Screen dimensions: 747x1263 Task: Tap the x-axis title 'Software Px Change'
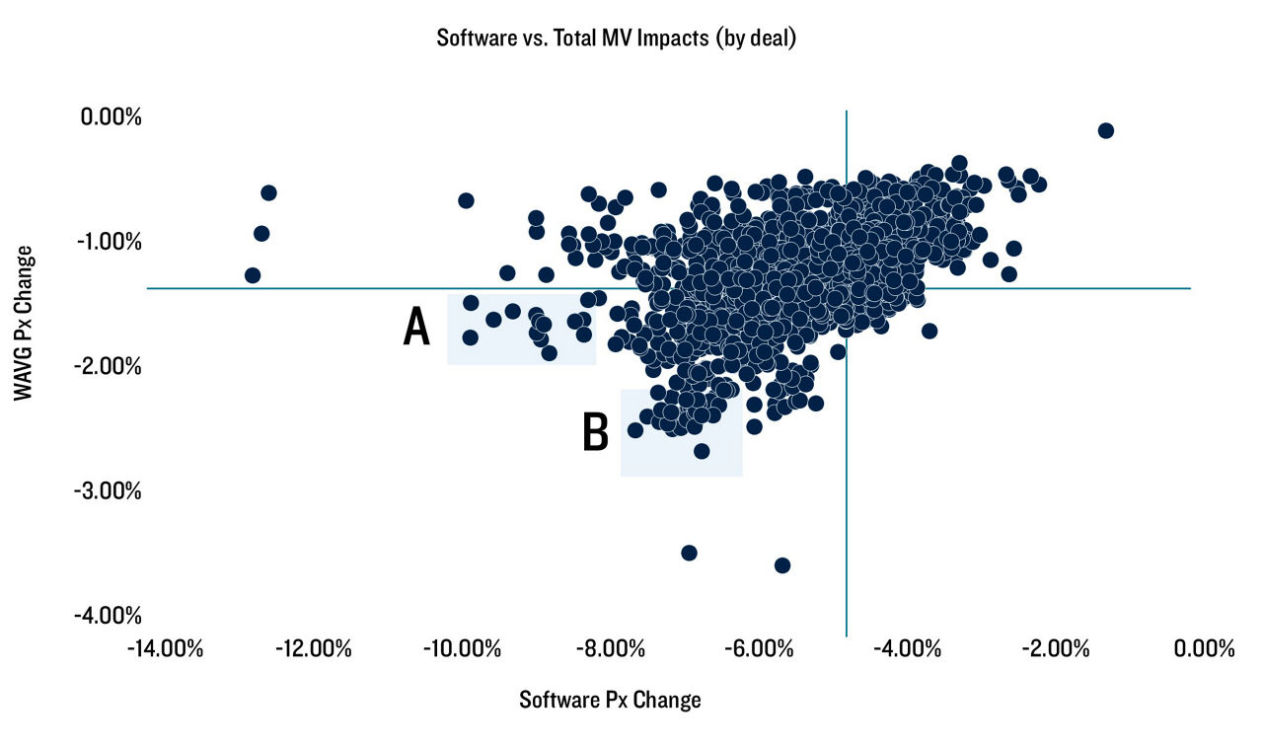tap(610, 700)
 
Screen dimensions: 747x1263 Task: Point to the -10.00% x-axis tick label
tap(460, 648)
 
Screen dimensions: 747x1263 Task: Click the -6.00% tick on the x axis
tap(756, 648)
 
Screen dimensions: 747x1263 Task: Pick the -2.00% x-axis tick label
tap(1053, 648)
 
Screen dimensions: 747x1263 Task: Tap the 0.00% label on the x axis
tap(1200, 648)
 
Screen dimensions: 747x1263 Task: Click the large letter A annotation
tap(417, 328)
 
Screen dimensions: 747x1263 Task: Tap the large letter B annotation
tap(595, 432)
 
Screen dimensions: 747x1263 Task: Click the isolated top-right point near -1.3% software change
tap(1105, 130)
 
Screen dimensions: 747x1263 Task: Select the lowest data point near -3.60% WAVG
tap(781, 565)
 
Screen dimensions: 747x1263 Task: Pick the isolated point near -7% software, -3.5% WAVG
tap(689, 553)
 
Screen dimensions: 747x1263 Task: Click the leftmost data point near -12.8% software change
tap(253, 275)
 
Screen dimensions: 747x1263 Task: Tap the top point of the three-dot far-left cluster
tap(268, 192)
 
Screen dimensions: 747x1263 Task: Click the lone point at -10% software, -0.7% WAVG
tap(466, 200)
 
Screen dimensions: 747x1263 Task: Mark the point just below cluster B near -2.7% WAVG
tap(702, 451)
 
